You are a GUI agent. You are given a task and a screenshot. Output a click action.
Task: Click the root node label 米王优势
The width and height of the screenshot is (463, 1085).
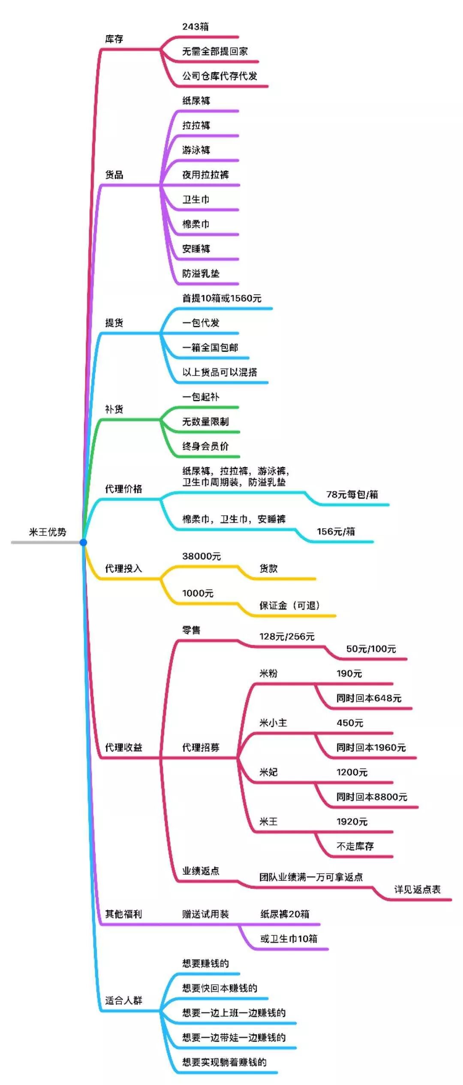click(x=48, y=532)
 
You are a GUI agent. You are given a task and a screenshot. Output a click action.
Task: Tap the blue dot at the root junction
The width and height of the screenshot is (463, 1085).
click(x=83, y=542)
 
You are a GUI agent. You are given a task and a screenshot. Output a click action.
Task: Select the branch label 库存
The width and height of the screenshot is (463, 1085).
click(x=114, y=39)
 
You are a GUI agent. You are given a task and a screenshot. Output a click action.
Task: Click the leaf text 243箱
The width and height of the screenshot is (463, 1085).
click(x=195, y=27)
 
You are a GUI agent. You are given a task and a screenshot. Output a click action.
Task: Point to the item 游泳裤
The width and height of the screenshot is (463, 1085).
click(x=196, y=150)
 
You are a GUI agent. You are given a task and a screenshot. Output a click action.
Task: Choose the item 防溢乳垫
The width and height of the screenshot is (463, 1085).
click(x=201, y=274)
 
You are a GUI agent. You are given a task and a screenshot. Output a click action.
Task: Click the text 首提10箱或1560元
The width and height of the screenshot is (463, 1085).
click(x=222, y=298)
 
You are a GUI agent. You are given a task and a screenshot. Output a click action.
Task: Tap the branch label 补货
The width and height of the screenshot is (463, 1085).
click(x=114, y=409)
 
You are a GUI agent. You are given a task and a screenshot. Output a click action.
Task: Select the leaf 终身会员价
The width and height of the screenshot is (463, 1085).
click(x=205, y=446)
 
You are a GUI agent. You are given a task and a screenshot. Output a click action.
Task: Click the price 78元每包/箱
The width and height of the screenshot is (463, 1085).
click(x=352, y=495)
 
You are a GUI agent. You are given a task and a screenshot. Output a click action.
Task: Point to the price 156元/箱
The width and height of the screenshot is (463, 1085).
click(x=336, y=532)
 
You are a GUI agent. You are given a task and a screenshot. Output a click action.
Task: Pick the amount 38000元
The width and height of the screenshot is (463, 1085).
click(x=201, y=556)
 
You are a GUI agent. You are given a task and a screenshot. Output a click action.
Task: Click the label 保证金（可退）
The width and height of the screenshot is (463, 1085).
click(x=289, y=606)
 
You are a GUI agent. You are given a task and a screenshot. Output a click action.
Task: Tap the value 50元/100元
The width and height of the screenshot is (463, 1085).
click(x=371, y=649)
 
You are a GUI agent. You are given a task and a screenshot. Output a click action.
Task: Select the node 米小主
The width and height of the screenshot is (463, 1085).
click(x=273, y=723)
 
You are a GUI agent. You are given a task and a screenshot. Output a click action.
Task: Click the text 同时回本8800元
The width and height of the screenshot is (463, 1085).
click(x=372, y=797)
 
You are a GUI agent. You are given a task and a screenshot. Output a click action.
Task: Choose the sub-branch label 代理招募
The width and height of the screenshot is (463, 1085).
click(x=201, y=748)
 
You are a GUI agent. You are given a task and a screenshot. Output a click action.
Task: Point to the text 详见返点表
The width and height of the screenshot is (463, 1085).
click(x=417, y=890)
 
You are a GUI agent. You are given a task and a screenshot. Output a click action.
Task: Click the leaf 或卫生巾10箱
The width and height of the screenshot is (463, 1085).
click(x=289, y=939)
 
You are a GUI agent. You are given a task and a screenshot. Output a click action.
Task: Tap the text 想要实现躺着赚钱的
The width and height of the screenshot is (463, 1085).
click(x=224, y=1062)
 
